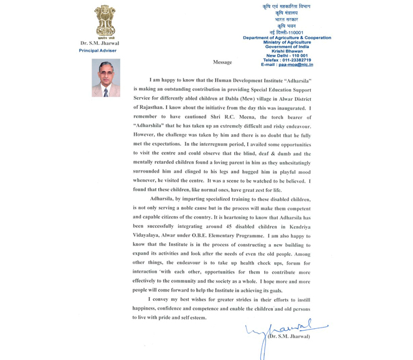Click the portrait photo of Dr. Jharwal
105,78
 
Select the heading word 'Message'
222,62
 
